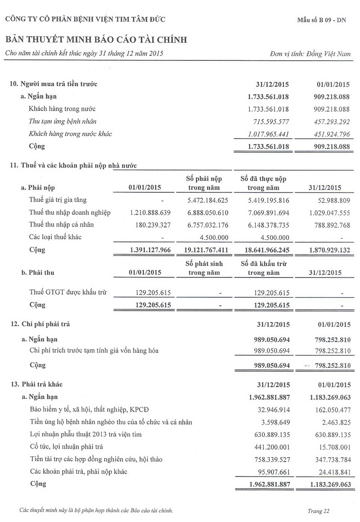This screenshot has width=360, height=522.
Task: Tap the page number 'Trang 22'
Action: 319,511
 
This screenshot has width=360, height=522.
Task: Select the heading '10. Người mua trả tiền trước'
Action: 54,84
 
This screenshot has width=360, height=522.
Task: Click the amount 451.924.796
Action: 328,134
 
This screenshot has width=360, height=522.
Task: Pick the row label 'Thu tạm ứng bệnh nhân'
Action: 63,121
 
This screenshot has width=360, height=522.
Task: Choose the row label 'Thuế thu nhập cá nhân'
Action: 61,225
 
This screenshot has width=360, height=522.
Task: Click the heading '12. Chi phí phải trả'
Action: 40,324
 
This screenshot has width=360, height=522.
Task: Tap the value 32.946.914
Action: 271,409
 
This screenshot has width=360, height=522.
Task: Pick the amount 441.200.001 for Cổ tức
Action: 269,447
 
